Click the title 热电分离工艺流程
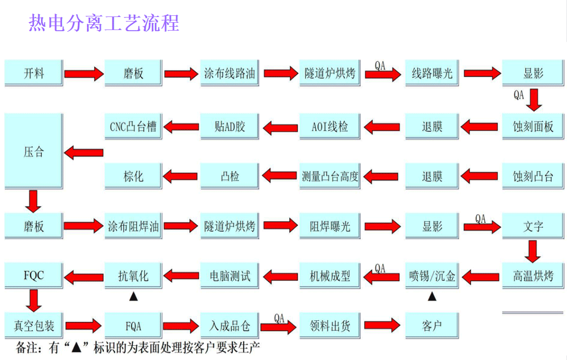pos(104,23)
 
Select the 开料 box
pos(33,73)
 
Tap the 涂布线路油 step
pos(230,73)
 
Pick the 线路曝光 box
pos(431,73)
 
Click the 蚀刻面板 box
pos(532,126)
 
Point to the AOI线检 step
pos(330,126)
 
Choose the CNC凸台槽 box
pos(133,126)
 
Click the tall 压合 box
pos(33,152)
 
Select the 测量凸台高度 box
pos(330,176)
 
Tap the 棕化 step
pos(133,176)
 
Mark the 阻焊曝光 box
pos(330,227)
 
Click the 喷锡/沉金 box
pos(431,276)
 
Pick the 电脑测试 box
pos(230,276)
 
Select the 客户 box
pos(431,326)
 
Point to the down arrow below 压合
pos(33,201)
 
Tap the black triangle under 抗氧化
pos(133,296)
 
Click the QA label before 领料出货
pos(279,318)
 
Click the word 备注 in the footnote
pos(26,347)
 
